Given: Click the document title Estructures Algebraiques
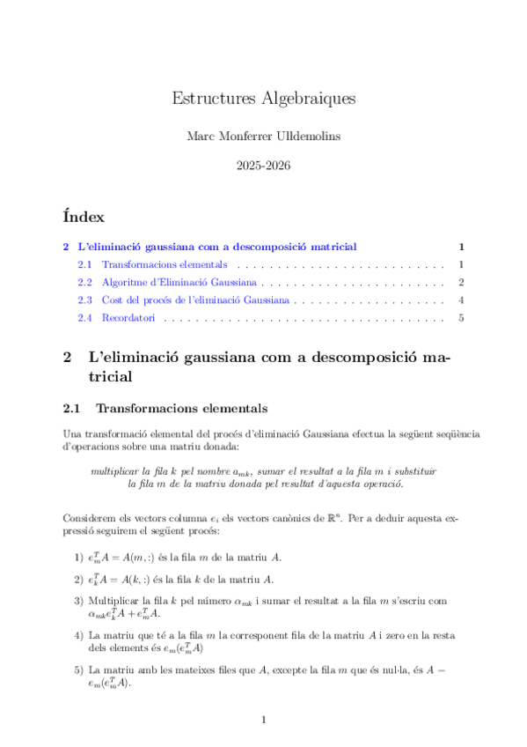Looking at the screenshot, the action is coord(263,99).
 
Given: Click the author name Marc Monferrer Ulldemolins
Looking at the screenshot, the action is coord(263,137).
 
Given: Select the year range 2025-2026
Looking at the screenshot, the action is coord(263,165).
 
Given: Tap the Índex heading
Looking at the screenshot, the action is coord(84,217).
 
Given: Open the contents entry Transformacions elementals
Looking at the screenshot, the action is coord(165,264).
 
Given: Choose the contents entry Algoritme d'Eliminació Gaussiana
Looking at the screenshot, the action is coord(179,283).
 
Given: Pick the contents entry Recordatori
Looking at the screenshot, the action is coord(128,318).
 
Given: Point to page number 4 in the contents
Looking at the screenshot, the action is coord(461,300).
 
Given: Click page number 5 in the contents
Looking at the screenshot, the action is coord(461,318).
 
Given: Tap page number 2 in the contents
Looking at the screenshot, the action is coord(461,283).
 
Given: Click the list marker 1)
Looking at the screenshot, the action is coord(79,558).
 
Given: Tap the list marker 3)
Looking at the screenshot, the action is coord(79,601).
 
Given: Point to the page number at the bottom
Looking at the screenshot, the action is coord(263,721).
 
